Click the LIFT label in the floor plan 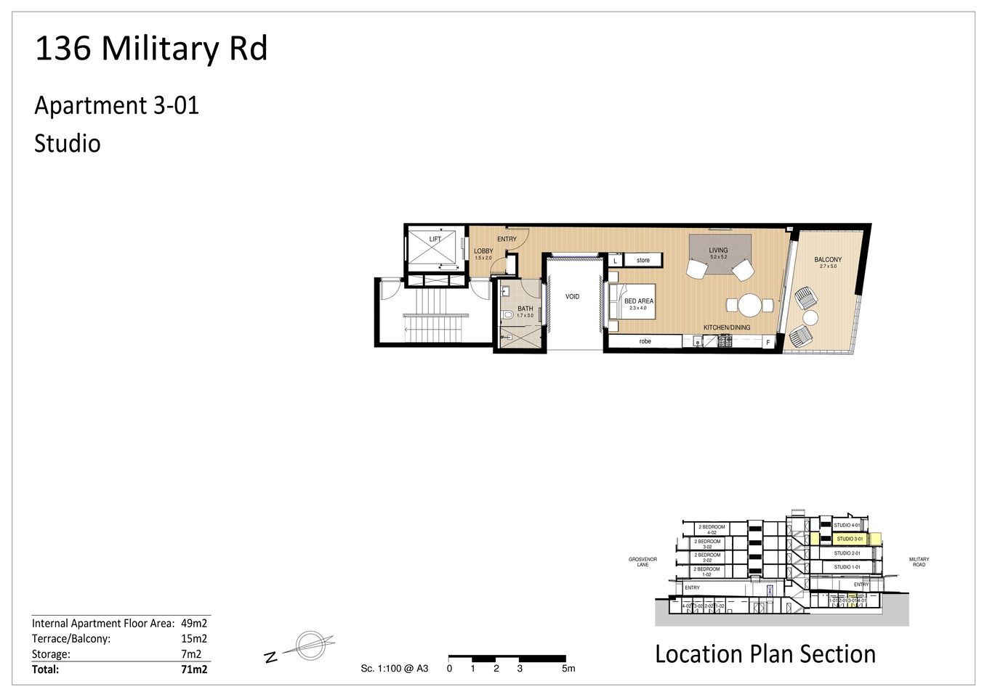tap(435, 239)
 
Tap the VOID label tap(573, 296)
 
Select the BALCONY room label tap(828, 259)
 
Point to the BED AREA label tap(638, 301)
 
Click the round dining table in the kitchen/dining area tap(749, 305)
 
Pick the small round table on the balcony tap(810, 317)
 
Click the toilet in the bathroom tap(507, 314)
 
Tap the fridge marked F tap(768, 342)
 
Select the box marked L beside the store tap(615, 261)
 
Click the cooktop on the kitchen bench tap(724, 341)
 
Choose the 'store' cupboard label tap(643, 260)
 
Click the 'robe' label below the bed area tap(645, 341)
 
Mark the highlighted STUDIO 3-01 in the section tap(849, 539)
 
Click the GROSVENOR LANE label tap(642, 562)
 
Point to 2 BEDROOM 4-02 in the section tap(711, 529)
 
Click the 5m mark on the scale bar tap(568, 669)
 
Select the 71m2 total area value tap(194, 669)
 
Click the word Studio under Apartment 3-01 tap(68, 143)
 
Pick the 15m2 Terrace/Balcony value tap(194, 639)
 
